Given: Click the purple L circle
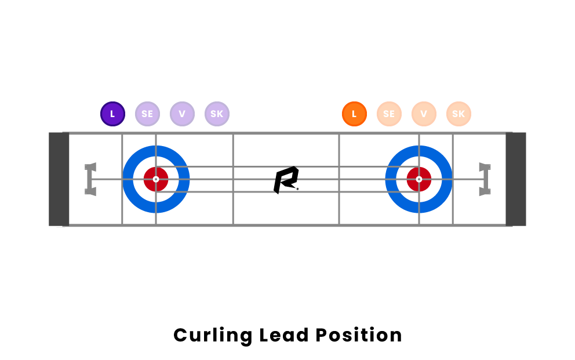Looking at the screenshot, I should click(x=112, y=114).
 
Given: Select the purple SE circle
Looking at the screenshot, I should click(x=147, y=114).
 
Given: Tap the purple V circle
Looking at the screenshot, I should click(x=182, y=114).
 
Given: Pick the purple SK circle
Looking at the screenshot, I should click(x=217, y=114).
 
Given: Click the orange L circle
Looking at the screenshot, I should click(x=354, y=114).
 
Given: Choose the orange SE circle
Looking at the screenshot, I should click(x=389, y=114).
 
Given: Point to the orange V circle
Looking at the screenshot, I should click(x=424, y=114).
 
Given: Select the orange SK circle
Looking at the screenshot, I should click(x=458, y=114).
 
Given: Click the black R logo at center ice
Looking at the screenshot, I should click(x=286, y=180).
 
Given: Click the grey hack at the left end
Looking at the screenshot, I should click(x=90, y=179).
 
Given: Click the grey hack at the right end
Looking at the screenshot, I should click(x=485, y=179).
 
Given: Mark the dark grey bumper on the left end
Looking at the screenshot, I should click(x=59, y=179).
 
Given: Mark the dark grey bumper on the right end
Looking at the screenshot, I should click(x=516, y=179).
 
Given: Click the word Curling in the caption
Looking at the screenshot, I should click(x=212, y=336).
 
